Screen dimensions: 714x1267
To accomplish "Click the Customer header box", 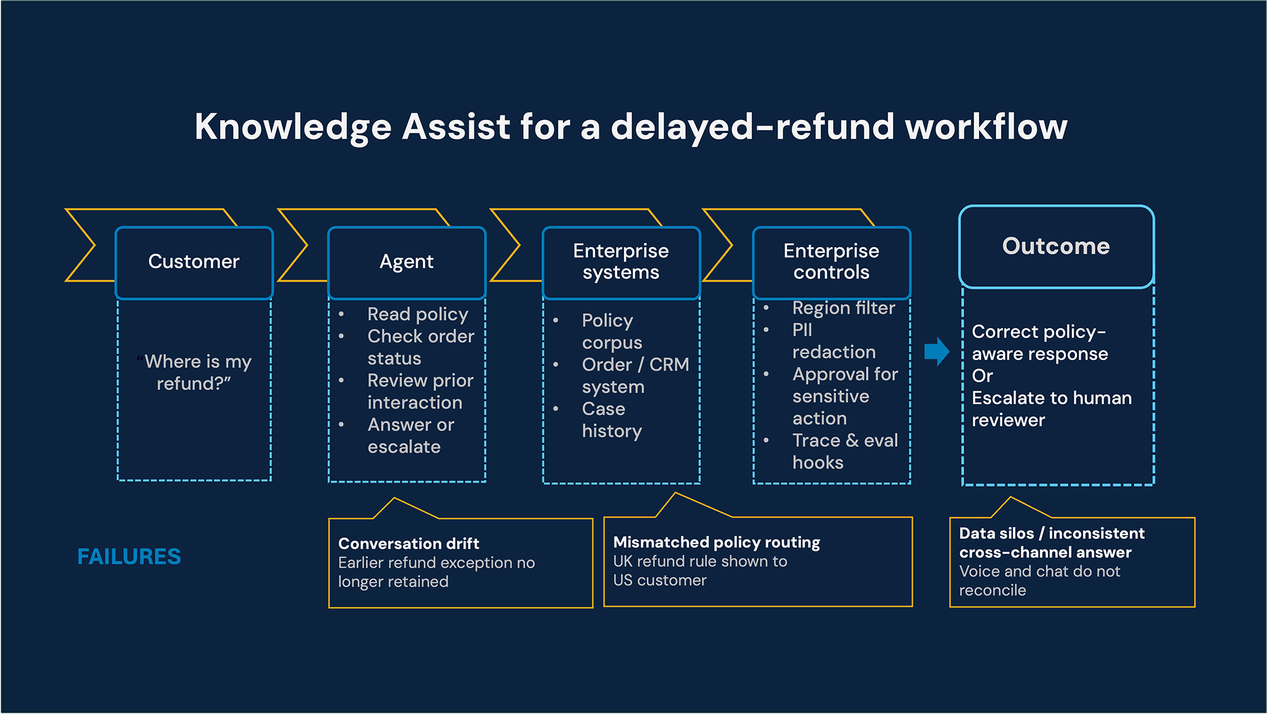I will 194,262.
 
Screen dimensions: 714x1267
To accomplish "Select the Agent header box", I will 406,262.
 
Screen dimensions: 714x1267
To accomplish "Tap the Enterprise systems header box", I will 621,262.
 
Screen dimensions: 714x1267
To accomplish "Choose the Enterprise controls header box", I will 831,262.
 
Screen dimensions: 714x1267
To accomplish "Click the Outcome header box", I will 1056,246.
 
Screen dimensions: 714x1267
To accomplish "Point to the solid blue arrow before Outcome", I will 936,352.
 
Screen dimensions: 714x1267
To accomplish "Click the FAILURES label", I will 129,557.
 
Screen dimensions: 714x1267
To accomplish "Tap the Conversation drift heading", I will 409,544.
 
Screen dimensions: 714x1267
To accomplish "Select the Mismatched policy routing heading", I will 716,542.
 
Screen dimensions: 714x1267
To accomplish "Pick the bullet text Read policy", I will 417,314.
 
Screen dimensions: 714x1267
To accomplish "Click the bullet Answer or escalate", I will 411,436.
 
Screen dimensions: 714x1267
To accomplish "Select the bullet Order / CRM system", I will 634,376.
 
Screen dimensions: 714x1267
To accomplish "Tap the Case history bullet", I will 611,420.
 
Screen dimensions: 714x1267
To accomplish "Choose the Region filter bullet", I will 843,308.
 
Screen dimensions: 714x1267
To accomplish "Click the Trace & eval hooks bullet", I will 844,451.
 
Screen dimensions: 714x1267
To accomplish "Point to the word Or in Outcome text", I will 982,376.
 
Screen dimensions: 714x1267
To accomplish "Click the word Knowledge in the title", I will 293,127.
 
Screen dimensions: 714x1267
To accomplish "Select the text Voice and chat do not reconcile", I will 1039,581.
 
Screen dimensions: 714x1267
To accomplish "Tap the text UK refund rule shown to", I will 700,561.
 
